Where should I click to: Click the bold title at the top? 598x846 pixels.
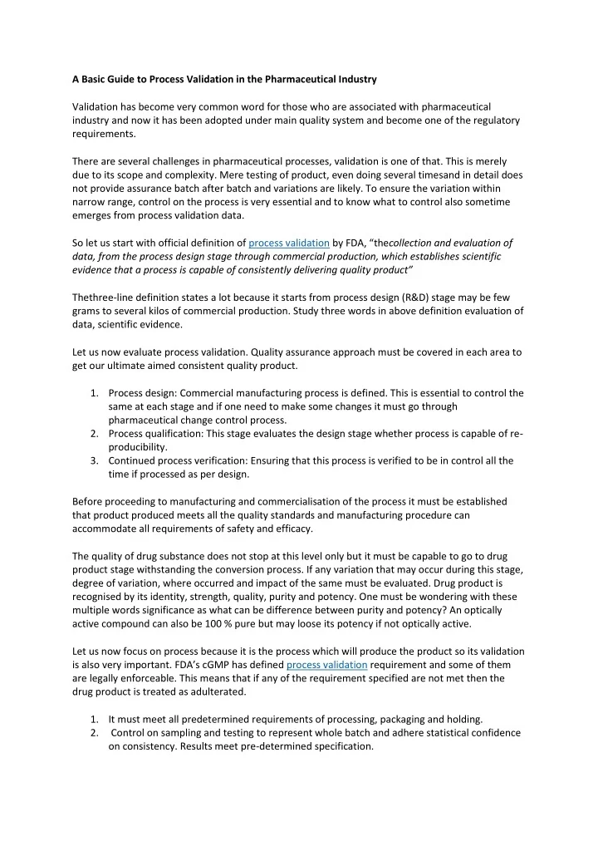(224, 80)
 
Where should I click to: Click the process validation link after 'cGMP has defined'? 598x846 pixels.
(326, 666)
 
